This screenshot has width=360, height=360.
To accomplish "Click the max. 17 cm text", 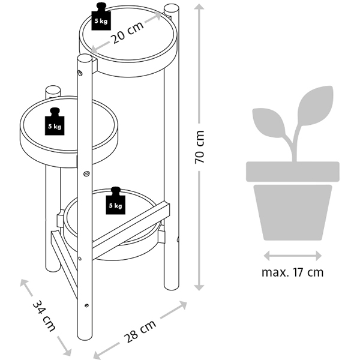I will (x=292, y=272).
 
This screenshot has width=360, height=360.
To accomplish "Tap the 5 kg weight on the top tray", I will (x=100, y=17).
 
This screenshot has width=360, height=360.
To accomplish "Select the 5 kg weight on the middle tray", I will (x=55, y=122).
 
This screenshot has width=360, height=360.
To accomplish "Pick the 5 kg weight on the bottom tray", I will (x=115, y=201).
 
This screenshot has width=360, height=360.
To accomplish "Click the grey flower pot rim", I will (x=292, y=172).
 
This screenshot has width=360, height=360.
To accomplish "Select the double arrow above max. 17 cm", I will (x=292, y=254).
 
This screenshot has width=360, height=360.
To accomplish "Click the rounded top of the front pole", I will (x=85, y=60).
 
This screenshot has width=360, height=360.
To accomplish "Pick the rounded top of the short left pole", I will (x=53, y=92).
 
